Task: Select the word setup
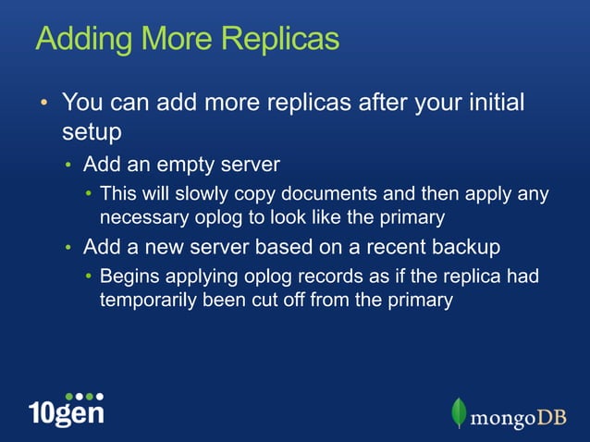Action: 92,131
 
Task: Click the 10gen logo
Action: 66,407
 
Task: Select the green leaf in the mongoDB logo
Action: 459,412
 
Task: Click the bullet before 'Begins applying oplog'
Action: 88,277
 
